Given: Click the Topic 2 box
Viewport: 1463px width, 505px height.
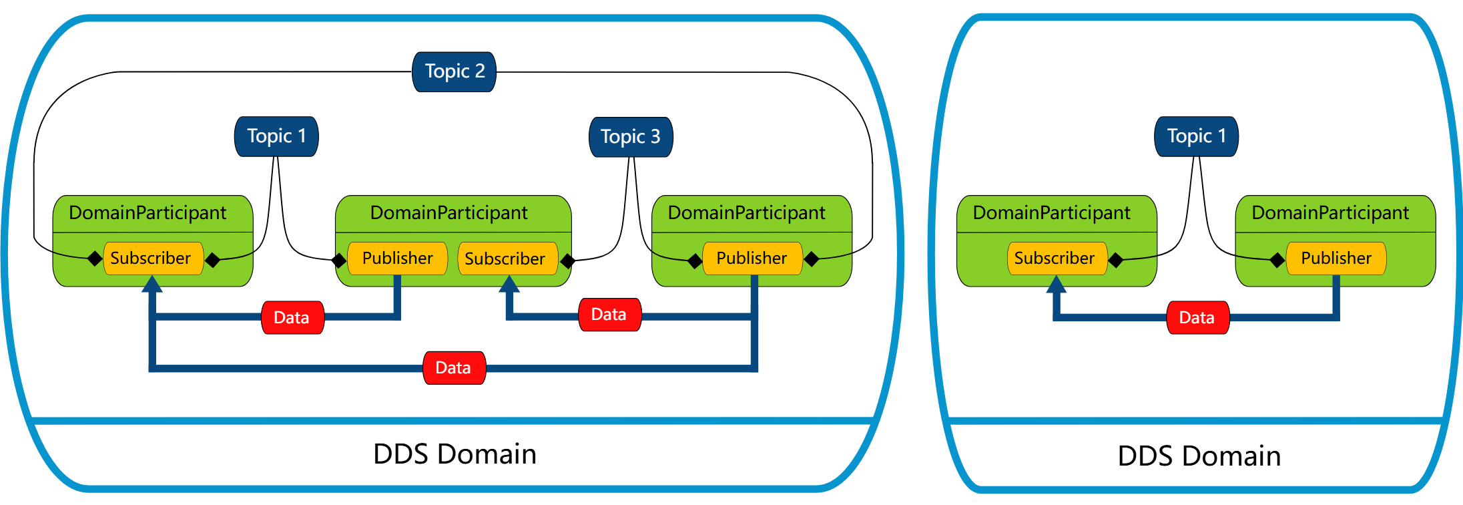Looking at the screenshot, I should (x=455, y=71).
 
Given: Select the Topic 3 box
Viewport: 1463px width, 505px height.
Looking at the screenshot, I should (x=631, y=137).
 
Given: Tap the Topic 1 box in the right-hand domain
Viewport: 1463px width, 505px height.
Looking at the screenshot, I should (x=1197, y=136).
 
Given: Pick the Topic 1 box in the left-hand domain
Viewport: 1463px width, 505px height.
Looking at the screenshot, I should (x=276, y=136).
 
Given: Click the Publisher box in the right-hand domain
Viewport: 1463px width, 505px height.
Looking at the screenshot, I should (x=1336, y=259).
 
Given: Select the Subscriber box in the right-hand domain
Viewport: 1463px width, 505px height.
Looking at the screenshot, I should (x=1055, y=259).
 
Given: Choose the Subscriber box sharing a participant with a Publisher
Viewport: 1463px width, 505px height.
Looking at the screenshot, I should (x=505, y=259).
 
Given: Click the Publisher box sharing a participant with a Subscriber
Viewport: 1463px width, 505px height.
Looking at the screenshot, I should (x=397, y=259).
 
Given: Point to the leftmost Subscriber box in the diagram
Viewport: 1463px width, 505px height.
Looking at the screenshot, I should (x=151, y=259).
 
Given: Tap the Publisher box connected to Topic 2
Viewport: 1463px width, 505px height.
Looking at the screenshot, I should (x=752, y=259).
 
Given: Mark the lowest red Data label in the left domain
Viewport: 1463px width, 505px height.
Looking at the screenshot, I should (x=454, y=368).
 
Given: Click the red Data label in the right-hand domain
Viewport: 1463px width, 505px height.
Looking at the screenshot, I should (x=1197, y=317).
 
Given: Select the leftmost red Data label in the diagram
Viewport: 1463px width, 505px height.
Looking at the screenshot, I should (x=292, y=317).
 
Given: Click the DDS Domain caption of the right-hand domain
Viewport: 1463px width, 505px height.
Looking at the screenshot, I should (x=1199, y=456).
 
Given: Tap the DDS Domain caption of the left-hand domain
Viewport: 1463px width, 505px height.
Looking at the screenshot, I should (x=455, y=454).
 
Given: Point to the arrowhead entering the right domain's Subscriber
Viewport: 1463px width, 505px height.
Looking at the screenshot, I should (x=1056, y=285).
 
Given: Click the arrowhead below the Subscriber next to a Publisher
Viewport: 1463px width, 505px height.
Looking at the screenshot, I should (x=509, y=285).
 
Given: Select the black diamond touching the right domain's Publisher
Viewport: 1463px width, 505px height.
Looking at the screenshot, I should (x=1277, y=260).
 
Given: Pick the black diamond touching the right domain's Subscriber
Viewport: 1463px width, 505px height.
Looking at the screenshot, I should (x=1115, y=260).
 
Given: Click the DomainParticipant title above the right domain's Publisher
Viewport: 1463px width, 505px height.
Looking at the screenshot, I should (x=1330, y=213).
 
